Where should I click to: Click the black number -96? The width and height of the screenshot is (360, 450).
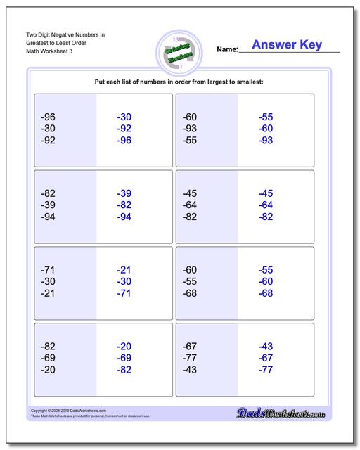49,117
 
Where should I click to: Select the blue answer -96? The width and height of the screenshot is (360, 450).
124,141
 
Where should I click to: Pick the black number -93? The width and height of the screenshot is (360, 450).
189,129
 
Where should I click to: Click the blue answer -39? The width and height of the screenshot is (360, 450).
124,193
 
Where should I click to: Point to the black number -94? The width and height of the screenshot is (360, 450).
49,217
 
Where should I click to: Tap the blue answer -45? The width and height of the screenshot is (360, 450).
265,193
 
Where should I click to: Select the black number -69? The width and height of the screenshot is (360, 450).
49,358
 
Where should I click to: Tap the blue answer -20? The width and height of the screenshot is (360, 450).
124,346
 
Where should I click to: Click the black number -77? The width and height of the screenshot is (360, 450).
189,358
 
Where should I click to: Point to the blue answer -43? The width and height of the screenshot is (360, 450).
265,346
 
